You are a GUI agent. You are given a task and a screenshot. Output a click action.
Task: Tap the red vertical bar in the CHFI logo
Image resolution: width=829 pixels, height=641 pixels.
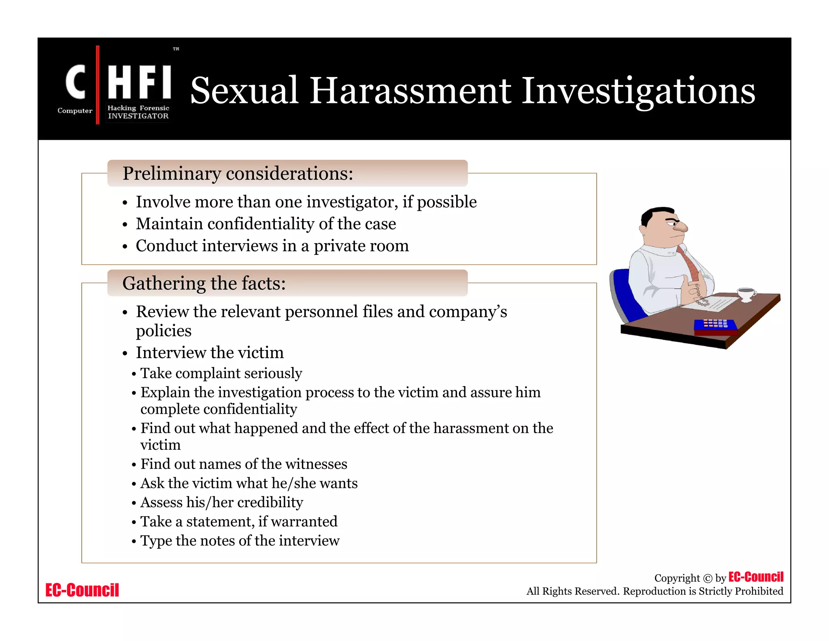[98, 85]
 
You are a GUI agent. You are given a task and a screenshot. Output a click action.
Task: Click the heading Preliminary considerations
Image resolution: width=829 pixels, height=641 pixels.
[238, 173]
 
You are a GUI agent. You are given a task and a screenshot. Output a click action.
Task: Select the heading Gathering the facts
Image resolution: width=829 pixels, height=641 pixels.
[204, 283]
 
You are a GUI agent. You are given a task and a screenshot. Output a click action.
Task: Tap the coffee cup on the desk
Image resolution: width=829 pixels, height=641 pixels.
[746, 293]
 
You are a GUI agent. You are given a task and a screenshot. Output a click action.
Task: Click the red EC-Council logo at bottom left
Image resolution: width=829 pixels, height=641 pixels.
[82, 590]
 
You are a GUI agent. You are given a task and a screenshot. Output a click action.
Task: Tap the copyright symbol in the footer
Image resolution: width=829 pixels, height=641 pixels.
[707, 579]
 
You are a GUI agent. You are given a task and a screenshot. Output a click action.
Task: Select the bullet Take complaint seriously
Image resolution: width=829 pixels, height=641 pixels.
[221, 373]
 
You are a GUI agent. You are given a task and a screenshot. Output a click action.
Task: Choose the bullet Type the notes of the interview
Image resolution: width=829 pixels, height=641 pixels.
[240, 541]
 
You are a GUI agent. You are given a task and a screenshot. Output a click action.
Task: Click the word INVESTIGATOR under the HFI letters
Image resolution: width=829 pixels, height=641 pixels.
[138, 116]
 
